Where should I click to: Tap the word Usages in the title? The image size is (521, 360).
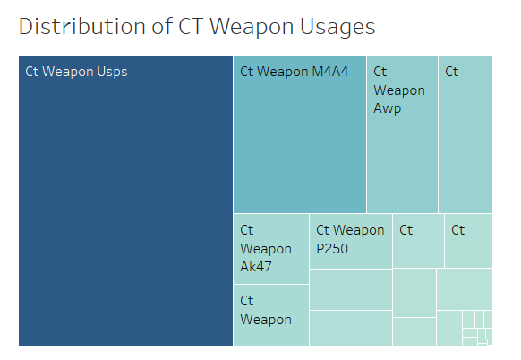pyautogui.click(x=336, y=27)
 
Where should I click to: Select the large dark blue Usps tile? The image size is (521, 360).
pyautogui.click(x=125, y=206)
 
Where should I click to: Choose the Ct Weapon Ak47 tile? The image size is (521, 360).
pyautogui.click(x=270, y=248)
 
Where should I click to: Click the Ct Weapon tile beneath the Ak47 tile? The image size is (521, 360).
pyautogui.click(x=270, y=315)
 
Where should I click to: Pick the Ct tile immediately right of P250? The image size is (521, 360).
pyautogui.click(x=418, y=240)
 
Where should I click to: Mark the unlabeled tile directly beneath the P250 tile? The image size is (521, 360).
pyautogui.click(x=350, y=288)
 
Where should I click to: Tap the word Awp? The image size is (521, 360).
pyautogui.click(x=388, y=109)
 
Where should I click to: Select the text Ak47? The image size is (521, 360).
pyautogui.click(x=256, y=266)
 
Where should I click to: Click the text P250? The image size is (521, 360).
pyautogui.click(x=332, y=249)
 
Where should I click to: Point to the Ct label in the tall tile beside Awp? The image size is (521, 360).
pyautogui.click(x=451, y=72)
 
